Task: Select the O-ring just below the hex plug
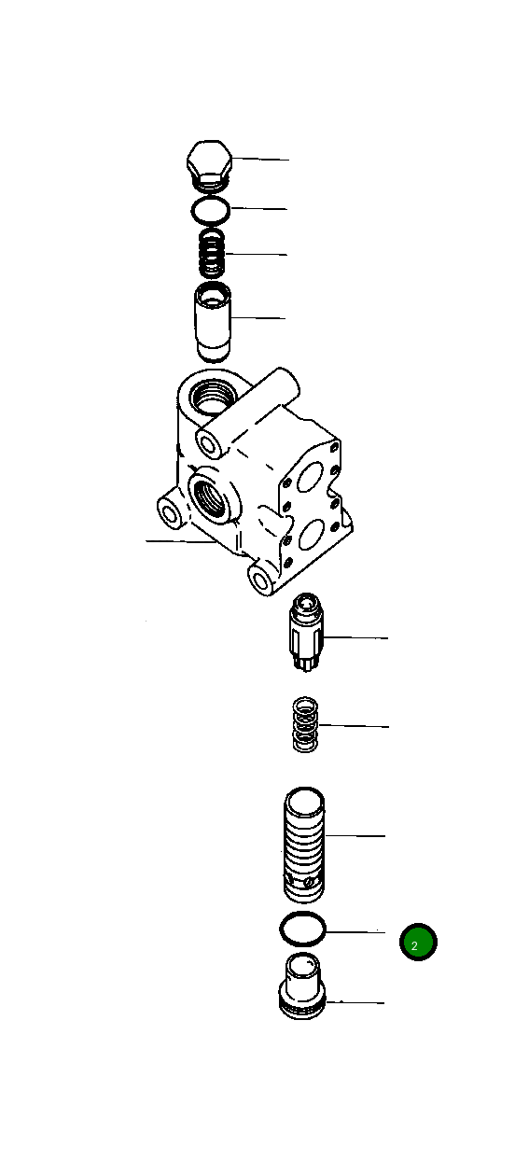pos(211,211)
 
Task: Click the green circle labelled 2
pos(417,943)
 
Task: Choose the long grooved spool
pos(304,846)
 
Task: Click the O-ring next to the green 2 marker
pos(304,929)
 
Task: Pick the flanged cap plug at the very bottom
pos(304,986)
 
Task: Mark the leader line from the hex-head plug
pos(261,160)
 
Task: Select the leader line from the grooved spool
pos(355,836)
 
